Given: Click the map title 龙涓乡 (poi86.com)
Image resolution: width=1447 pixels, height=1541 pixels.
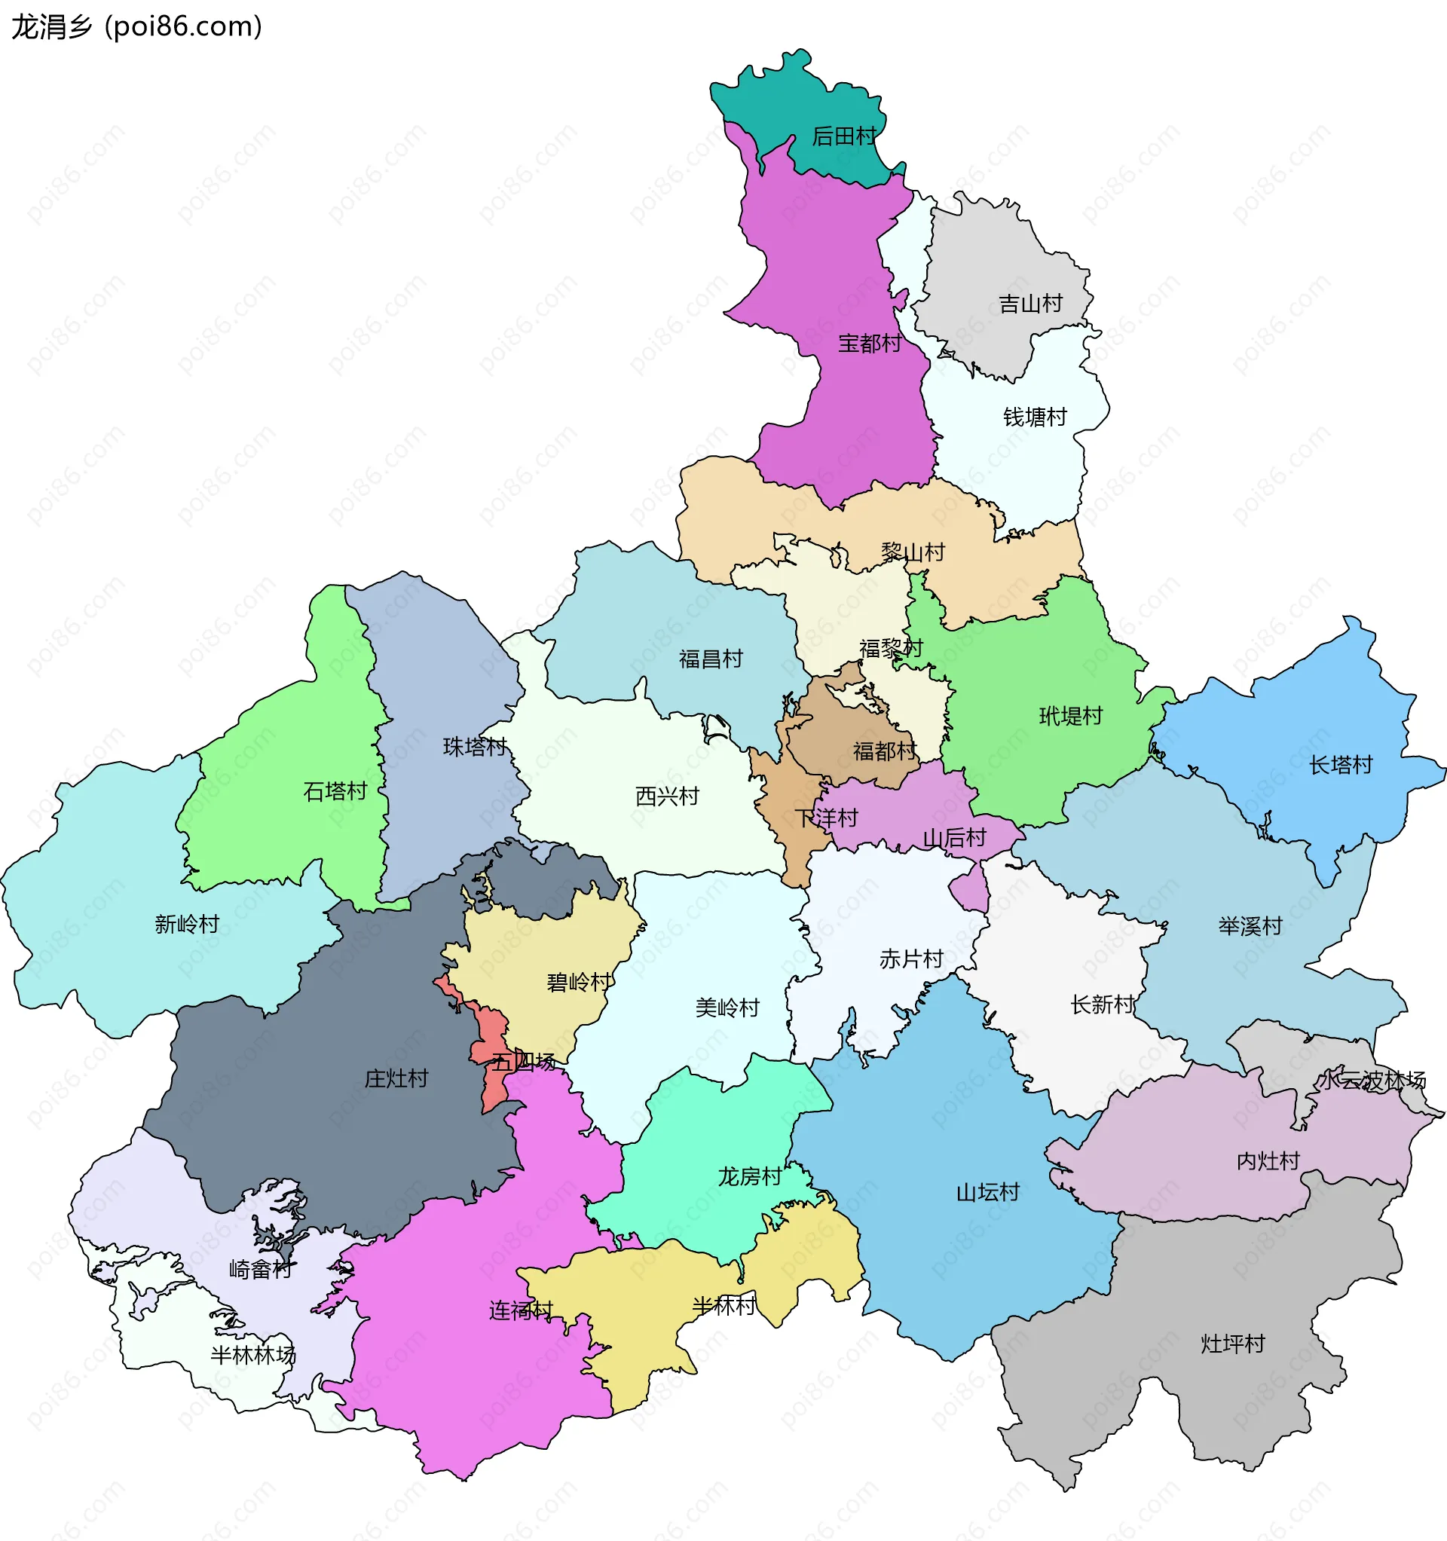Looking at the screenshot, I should pyautogui.click(x=136, y=26).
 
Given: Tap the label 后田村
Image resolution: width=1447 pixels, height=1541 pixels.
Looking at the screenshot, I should pyautogui.click(x=843, y=136).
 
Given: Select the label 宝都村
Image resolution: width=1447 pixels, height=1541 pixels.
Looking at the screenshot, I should pyautogui.click(x=869, y=344).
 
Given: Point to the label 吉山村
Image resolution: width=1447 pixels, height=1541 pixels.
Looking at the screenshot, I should pyautogui.click(x=1030, y=304).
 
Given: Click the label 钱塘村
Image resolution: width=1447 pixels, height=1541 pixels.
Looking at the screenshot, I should pyautogui.click(x=1036, y=417).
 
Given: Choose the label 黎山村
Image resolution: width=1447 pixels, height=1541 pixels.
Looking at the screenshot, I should pyautogui.click(x=913, y=552).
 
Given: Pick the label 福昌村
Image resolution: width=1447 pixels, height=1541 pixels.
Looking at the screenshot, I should pyautogui.click(x=711, y=659).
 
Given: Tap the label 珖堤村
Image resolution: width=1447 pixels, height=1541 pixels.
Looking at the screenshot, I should pyautogui.click(x=1071, y=715).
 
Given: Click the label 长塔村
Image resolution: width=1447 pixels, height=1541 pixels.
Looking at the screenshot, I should pyautogui.click(x=1341, y=765).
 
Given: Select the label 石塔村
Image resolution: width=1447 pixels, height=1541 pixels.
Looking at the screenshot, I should pyautogui.click(x=335, y=791).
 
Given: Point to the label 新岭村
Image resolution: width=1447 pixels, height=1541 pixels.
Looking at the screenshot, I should pyautogui.click(x=187, y=924).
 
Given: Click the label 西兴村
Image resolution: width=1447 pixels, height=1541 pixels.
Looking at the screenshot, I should pyautogui.click(x=667, y=796).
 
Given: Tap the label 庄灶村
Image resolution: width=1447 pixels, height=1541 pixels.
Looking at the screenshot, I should pyautogui.click(x=396, y=1078).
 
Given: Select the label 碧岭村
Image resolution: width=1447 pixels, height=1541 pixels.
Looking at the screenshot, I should pyautogui.click(x=579, y=982).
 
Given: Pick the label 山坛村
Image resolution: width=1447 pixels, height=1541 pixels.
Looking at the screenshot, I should pyautogui.click(x=988, y=1192).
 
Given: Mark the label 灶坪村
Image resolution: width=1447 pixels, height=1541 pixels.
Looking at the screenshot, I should pyautogui.click(x=1233, y=1344).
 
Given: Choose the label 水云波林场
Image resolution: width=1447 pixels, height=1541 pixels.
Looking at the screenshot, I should pyautogui.click(x=1373, y=1080).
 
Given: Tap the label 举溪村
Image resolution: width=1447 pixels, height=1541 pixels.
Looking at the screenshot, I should pyautogui.click(x=1250, y=925).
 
